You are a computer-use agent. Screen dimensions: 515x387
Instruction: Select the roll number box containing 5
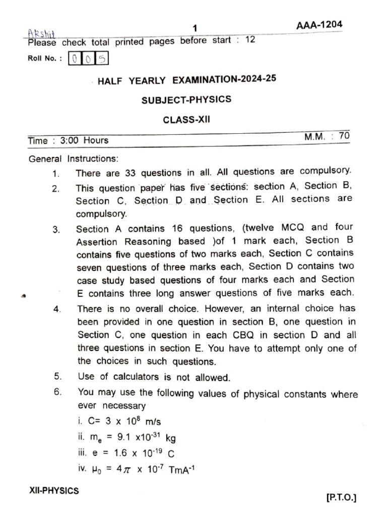(x=102, y=59)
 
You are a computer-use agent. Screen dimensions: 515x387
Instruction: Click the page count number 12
(x=250, y=40)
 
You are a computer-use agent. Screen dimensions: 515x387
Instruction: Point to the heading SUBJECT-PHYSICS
(x=186, y=100)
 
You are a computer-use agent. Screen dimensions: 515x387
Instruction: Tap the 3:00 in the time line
(x=70, y=141)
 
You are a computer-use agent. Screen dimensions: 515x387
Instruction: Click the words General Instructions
(x=74, y=159)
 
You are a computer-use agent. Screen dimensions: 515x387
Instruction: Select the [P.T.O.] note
(x=341, y=498)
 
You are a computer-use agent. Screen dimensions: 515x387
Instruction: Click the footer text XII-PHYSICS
(x=54, y=491)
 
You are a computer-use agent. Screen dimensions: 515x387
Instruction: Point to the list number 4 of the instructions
(x=56, y=309)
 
